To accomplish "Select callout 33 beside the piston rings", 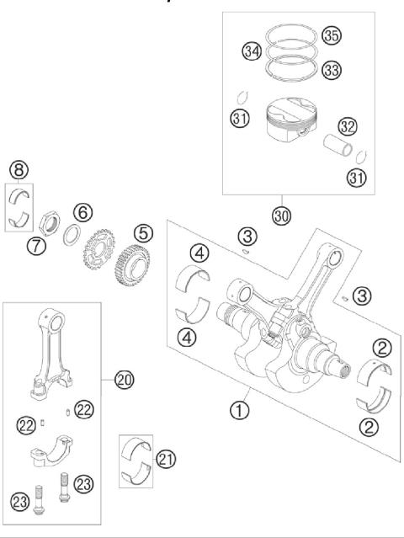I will point(331,71).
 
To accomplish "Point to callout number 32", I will point(348,126).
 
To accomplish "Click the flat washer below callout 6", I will point(73,235).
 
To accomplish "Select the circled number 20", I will point(125,381).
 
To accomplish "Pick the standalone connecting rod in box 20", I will point(48,349).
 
